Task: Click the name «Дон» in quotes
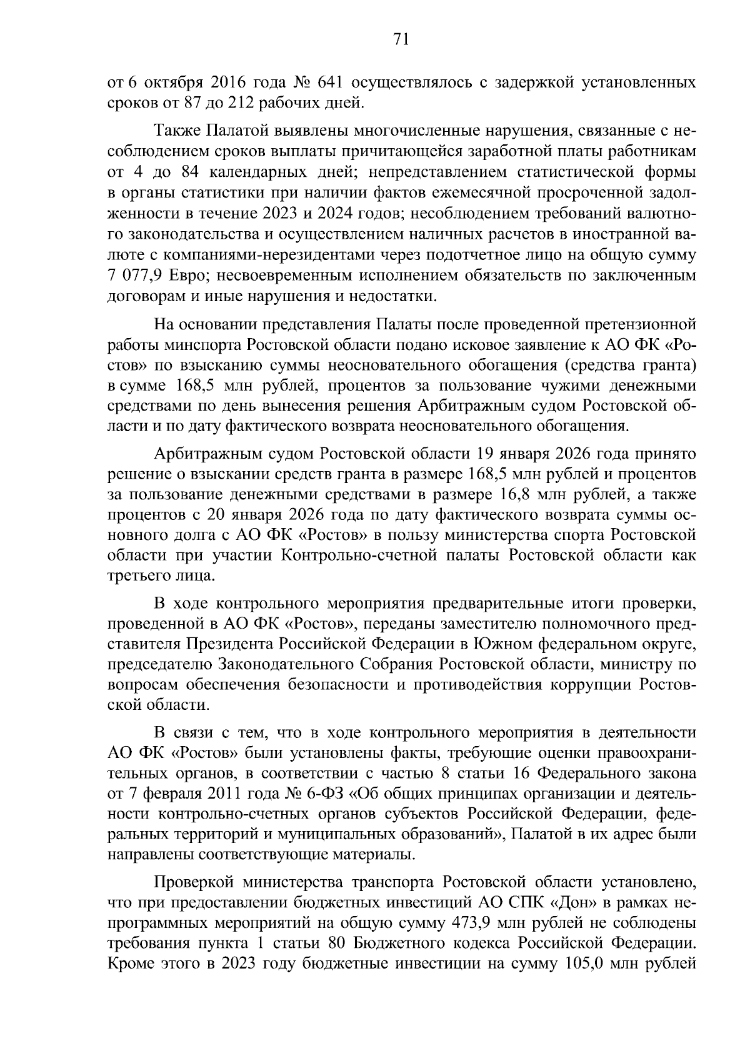click(563, 902)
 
